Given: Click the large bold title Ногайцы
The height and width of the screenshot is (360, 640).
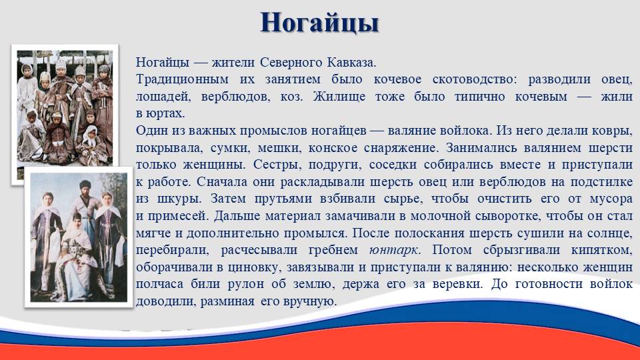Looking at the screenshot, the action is pyautogui.click(x=319, y=23).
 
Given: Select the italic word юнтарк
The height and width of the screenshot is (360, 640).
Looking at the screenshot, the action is pyautogui.click(x=393, y=250).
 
